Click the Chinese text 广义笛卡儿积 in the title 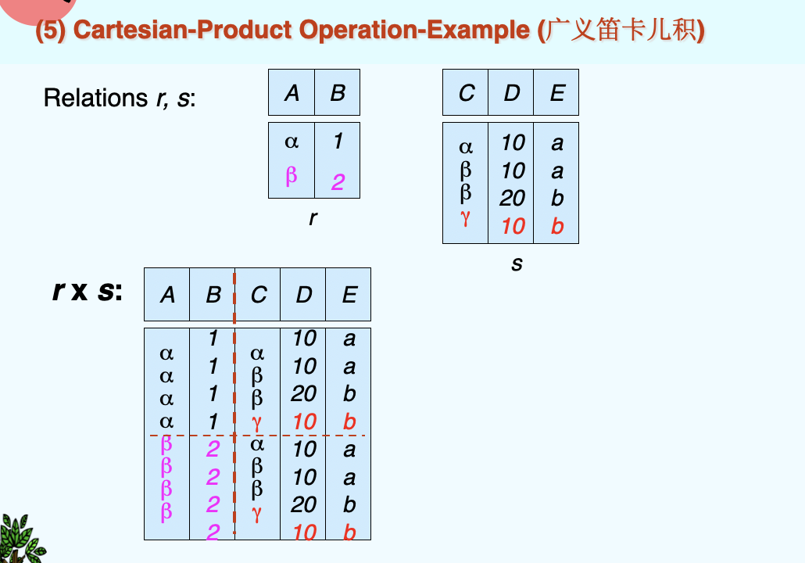(623, 30)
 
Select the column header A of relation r (292, 93)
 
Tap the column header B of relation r (338, 93)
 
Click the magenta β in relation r (292, 175)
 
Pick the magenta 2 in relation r (338, 182)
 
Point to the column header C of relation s (466, 93)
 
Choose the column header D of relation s (512, 93)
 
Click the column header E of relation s (556, 93)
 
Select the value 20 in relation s (513, 199)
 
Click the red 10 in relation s (513, 226)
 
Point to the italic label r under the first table (313, 218)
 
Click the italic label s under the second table (516, 264)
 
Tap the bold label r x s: (88, 292)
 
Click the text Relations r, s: (120, 99)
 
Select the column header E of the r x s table (349, 295)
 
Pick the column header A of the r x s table (167, 295)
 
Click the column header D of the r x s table (303, 295)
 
